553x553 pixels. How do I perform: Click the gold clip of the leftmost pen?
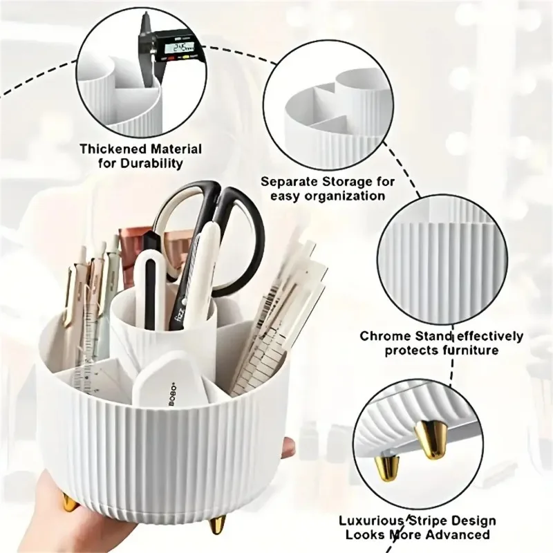pyautogui.click(x=70, y=297)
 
